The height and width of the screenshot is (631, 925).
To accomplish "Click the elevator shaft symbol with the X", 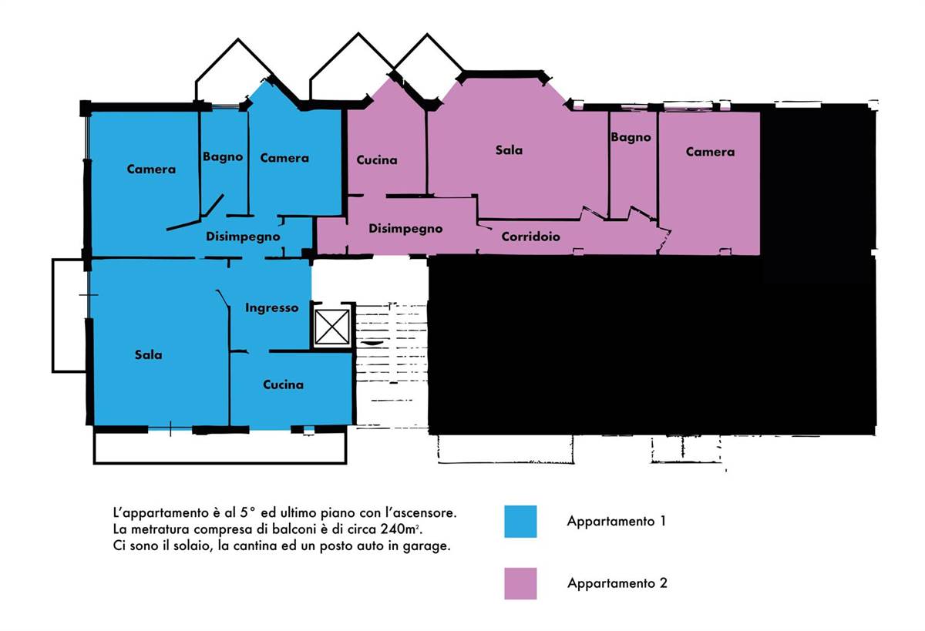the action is pos(331,327).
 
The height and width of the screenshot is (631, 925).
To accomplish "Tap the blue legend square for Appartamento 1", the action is pos(520,522).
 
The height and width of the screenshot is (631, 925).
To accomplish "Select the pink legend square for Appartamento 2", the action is pos(520,583).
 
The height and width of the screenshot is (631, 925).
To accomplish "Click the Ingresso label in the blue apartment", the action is pos(271,308).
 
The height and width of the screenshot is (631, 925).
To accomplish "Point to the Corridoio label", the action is pos(530,237).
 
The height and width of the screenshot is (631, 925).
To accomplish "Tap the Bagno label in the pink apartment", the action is pos(631,137).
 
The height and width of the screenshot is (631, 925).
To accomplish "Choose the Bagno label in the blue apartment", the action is pos(223,157).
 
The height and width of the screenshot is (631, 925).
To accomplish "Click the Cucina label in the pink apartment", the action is pos(377,160).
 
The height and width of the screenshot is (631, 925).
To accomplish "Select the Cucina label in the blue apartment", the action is pos(284,384).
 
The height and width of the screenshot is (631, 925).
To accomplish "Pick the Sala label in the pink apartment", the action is pos(509,149).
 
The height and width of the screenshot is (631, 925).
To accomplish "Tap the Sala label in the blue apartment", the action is pos(148,354).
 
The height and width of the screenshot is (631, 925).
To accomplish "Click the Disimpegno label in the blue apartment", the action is pos(243,237).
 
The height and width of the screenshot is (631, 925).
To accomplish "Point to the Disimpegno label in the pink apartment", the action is pos(405,229).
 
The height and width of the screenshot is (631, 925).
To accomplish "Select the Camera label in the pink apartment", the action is pos(710,152).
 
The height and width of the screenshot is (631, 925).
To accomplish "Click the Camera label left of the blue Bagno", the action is pos(151,169).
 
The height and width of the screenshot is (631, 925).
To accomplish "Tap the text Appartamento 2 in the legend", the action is pos(617,583).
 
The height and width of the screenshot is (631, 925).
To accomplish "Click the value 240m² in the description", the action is pos(401,529).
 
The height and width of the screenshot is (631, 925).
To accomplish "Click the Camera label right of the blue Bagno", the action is pos(284,158).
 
